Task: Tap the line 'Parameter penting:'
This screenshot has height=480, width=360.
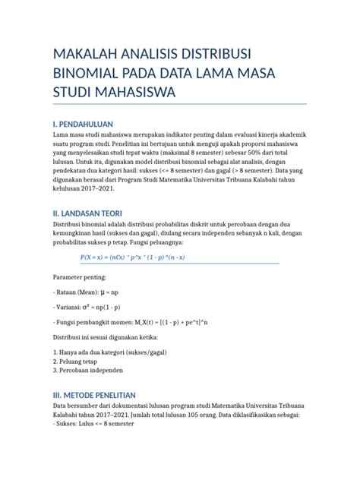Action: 82,279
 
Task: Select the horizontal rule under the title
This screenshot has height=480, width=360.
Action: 179,103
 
